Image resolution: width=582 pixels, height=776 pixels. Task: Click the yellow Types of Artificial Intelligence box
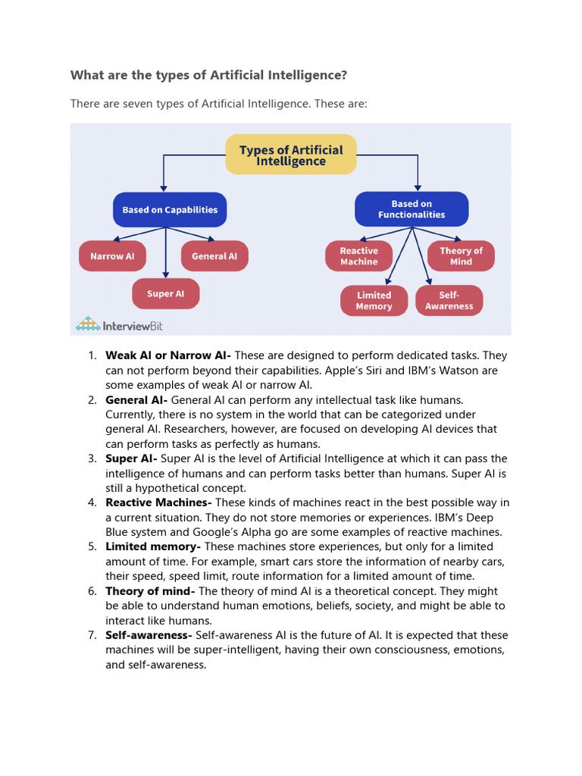[x=291, y=155]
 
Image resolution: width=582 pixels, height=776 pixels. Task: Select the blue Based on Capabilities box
[x=170, y=210]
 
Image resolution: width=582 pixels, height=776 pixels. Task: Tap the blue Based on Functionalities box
[x=412, y=209]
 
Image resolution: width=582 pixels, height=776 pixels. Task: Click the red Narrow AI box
[x=112, y=256]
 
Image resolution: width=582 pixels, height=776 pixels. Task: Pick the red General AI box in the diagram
[x=214, y=256]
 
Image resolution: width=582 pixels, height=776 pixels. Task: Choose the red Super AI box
[x=165, y=294]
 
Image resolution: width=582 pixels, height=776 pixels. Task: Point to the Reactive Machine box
[x=358, y=256]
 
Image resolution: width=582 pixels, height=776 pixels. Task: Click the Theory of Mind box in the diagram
[x=461, y=256]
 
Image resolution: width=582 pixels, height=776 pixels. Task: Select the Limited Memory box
[x=374, y=301]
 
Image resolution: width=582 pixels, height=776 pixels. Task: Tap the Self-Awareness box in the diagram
[x=449, y=301]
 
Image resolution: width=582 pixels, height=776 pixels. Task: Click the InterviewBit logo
[x=119, y=325]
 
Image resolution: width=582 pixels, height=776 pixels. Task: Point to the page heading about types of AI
[x=209, y=75]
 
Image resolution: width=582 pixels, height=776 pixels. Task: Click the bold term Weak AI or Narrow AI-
[x=168, y=355]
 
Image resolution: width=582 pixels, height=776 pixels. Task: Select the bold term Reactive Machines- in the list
[x=158, y=503]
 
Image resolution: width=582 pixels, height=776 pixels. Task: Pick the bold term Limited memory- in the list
[x=153, y=547]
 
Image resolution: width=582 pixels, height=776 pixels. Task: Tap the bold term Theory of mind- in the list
[x=150, y=591]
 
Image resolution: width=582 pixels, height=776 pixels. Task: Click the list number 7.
[x=91, y=635]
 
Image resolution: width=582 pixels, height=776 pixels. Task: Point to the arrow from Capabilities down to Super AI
[x=166, y=254]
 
